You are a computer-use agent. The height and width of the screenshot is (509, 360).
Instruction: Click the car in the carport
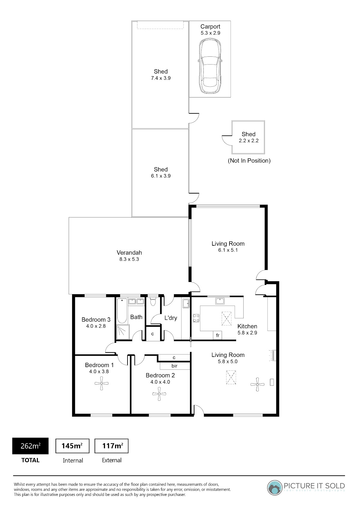pyautogui.click(x=210, y=66)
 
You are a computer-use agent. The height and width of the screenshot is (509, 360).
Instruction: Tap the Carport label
pyautogui.click(x=210, y=27)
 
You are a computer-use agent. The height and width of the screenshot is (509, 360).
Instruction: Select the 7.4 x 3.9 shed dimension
pyautogui.click(x=161, y=78)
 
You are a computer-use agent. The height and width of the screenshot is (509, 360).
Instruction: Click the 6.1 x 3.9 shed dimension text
pyautogui.click(x=161, y=176)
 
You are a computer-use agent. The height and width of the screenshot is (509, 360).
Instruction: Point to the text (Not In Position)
pyautogui.click(x=249, y=161)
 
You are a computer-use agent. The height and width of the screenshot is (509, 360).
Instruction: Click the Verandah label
pyautogui.click(x=129, y=253)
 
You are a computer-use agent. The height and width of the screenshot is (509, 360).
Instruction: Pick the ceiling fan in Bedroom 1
pyautogui.click(x=101, y=383)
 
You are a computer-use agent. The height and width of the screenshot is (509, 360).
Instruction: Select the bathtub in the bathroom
pyautogui.click(x=122, y=311)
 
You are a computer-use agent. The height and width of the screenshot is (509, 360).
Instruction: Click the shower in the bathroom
pyautogui.click(x=123, y=332)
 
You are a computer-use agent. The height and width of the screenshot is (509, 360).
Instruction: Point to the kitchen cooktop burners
pyautogui.click(x=196, y=318)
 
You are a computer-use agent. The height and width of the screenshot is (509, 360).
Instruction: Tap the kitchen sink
pyautogui.click(x=220, y=301)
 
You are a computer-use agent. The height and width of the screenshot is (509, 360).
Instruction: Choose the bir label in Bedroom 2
pyautogui.click(x=174, y=366)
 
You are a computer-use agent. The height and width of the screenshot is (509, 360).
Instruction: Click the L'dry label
pyautogui.click(x=171, y=318)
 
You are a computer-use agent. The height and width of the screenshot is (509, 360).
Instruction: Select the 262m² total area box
pyautogui.click(x=30, y=446)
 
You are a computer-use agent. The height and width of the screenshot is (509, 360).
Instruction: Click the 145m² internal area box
pyautogui.click(x=72, y=446)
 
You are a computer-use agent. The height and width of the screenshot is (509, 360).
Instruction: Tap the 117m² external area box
pyautogui.click(x=111, y=446)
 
